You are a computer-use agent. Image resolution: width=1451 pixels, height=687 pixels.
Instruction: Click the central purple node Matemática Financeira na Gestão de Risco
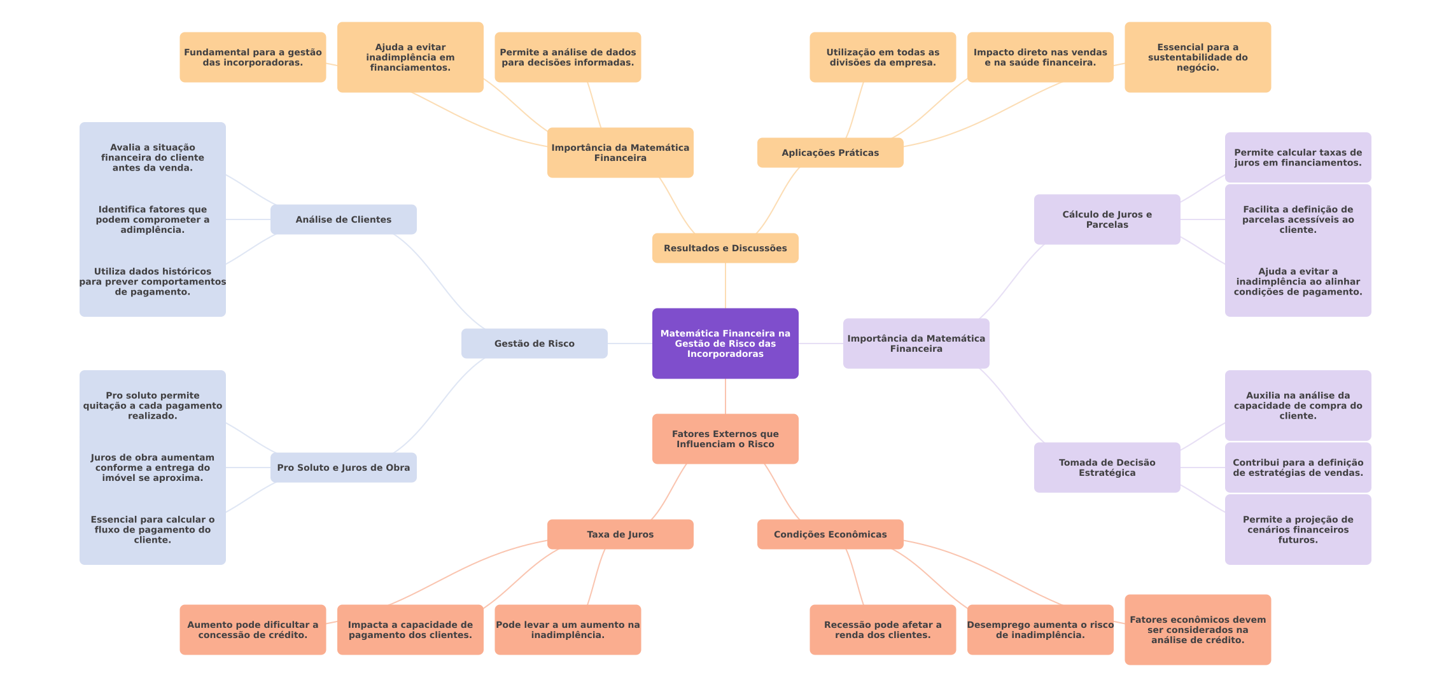click(725, 343)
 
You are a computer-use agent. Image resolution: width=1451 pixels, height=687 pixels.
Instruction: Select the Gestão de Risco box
click(534, 343)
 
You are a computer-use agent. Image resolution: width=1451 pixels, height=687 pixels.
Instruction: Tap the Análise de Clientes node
click(343, 219)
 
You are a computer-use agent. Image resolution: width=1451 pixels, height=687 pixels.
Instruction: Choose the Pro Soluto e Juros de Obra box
click(343, 468)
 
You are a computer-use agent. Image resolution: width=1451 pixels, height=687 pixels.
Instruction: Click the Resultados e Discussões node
click(725, 248)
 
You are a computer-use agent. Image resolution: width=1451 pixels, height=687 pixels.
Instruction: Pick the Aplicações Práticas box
click(830, 153)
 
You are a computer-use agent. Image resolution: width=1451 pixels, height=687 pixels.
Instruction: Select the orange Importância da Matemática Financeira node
click(620, 153)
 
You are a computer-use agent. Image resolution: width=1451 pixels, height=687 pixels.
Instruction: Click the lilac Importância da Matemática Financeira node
click(916, 343)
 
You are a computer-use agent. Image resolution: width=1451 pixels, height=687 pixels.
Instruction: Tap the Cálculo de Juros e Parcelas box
click(1107, 219)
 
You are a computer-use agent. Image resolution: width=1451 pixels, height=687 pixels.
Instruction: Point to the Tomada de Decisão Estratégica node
click(1107, 468)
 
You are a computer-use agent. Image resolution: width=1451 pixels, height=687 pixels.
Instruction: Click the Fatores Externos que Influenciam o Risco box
click(725, 439)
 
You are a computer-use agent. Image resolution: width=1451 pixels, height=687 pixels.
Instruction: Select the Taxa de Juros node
click(620, 534)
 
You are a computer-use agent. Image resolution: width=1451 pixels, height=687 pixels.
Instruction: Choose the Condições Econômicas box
click(830, 534)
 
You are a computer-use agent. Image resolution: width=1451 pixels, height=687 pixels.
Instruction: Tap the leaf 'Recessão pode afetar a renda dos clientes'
click(882, 630)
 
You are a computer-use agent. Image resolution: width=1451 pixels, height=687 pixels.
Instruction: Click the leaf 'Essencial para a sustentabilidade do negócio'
click(1197, 57)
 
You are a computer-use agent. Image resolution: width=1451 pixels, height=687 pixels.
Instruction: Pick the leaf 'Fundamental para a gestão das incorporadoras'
click(253, 57)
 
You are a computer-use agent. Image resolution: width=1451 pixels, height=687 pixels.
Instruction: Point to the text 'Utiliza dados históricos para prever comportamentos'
click(153, 282)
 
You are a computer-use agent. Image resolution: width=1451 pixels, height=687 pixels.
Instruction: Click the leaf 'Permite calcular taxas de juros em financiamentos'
click(1298, 158)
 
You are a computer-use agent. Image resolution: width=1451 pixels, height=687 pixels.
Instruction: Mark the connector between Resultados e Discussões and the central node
click(725, 286)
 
